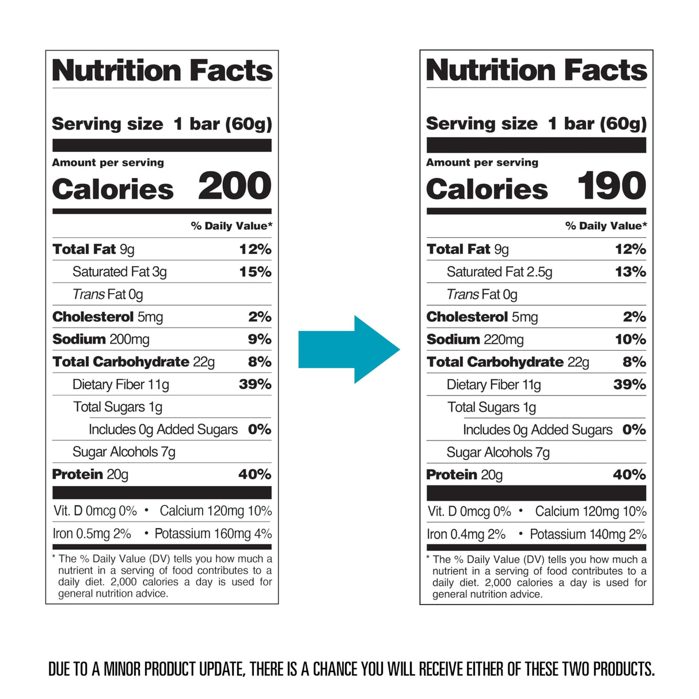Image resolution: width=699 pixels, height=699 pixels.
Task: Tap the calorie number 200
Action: (x=234, y=187)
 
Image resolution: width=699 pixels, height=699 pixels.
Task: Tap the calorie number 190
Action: (x=611, y=187)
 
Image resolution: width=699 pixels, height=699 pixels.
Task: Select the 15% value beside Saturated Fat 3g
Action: (x=255, y=272)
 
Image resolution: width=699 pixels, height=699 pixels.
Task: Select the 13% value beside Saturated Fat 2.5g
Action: (x=630, y=272)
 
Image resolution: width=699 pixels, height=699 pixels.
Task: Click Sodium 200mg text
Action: (x=101, y=340)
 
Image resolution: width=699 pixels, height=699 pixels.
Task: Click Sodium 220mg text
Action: (x=475, y=340)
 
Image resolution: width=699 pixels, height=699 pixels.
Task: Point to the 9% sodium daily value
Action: (x=260, y=340)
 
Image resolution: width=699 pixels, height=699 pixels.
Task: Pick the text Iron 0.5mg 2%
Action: (x=92, y=534)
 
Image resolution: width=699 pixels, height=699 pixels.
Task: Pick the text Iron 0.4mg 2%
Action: (x=466, y=534)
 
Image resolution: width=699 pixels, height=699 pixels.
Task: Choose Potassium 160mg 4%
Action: (x=213, y=534)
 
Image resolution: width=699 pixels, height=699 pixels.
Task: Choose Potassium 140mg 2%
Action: (x=588, y=534)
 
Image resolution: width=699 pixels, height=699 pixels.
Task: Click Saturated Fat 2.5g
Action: (x=499, y=272)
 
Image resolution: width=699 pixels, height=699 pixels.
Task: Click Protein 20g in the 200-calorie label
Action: (x=90, y=474)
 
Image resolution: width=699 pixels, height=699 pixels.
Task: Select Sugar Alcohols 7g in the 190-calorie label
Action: (x=498, y=453)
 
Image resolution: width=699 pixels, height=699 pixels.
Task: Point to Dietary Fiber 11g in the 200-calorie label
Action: (x=121, y=385)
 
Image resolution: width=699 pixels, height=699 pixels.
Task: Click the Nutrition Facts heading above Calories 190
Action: (x=536, y=70)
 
